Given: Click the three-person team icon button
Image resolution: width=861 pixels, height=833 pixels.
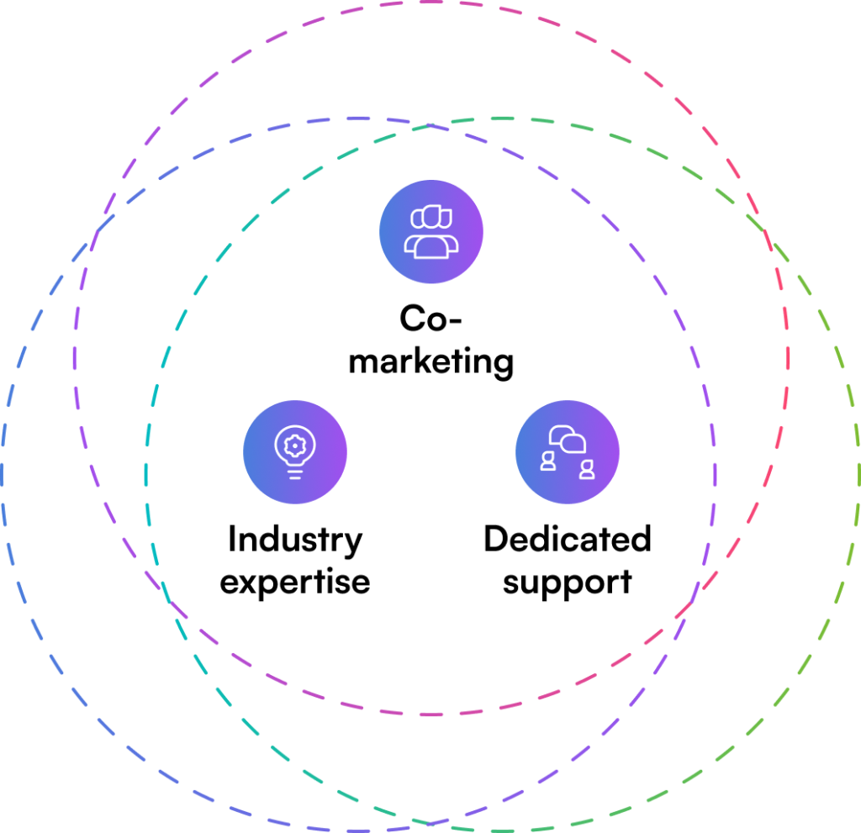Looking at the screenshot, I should point(431,231).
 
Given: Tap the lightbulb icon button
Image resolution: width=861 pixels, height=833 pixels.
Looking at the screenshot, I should point(295,452).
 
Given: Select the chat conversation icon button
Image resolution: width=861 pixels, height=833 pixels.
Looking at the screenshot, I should point(568,452).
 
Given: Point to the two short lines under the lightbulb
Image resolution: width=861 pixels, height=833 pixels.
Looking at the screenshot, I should point(294,475).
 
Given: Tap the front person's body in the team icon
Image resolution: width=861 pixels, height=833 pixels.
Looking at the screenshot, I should point(431,247).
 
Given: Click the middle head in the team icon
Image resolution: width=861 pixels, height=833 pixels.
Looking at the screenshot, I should point(431,217).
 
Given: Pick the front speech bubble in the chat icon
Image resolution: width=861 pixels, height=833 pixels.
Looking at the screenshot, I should point(574,444).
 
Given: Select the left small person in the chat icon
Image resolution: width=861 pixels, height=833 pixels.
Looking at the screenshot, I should point(547,461).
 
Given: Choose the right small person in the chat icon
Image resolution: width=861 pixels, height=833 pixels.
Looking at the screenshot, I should point(587,470).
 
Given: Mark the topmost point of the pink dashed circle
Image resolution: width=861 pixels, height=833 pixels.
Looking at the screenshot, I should point(431,3).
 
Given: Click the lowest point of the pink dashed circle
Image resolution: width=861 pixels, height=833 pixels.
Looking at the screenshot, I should point(431,714).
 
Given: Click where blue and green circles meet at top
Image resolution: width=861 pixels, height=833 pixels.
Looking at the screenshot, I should point(431,125).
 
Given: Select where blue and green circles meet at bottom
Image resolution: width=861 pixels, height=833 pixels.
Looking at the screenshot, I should point(431,822).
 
